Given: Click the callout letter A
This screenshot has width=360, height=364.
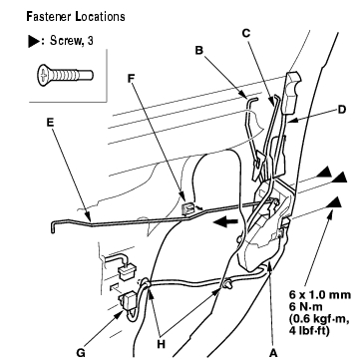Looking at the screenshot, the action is tap(273, 354).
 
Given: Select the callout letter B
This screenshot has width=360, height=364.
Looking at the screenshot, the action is tap(199, 51).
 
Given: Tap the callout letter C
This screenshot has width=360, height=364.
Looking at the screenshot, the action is tap(246, 33).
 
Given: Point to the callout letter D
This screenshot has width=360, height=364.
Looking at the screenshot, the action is tap(341, 110).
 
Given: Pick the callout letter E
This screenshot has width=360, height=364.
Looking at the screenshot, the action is tap(50, 123).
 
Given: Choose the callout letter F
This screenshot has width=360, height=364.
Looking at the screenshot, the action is tap(132, 78).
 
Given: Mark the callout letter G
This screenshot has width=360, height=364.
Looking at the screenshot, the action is tap(81, 353).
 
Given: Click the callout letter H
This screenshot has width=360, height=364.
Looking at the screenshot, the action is tap(161, 345).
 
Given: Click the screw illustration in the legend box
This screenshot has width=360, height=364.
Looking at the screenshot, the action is tap(65, 76).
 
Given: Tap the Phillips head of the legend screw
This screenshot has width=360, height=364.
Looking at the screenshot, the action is tap(43, 76).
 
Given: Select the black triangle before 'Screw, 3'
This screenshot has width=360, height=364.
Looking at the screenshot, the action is tap(34, 42).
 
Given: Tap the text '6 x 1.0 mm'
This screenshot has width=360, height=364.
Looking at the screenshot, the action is tap(320, 295).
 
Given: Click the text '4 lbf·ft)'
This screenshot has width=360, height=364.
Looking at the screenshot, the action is tap(309, 331).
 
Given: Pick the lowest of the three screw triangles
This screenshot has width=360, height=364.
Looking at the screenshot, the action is tap(334, 202).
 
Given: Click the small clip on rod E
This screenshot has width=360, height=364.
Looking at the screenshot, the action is tap(187, 209).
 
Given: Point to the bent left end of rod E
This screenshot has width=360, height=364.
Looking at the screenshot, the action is tap(53, 227).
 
